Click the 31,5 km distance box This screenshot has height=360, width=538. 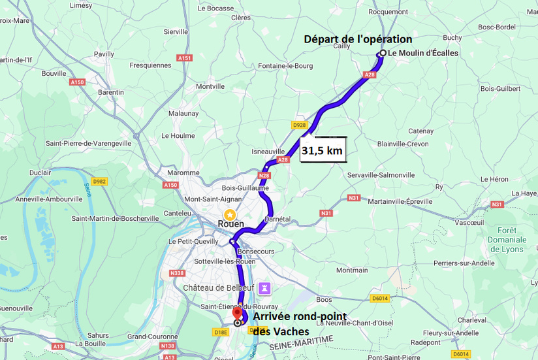coord(322,151)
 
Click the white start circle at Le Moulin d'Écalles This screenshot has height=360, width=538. coord(383,54)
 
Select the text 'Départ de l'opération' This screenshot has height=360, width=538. coord(358,39)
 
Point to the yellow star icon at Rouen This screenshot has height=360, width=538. coord(230,214)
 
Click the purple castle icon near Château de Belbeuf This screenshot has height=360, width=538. coord(265,287)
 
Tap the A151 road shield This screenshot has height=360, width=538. coord(185,58)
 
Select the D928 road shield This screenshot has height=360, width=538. coord(299,125)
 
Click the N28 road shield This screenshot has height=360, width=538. coord(264,175)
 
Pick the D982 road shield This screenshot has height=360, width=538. coord(99,182)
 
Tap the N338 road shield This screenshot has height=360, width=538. coord(177,273)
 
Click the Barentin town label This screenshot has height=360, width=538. coord(111,92)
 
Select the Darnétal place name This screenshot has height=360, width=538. coord(277,219)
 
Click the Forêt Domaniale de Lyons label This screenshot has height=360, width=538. coord(507,239)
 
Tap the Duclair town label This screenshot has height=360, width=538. coord(40,172)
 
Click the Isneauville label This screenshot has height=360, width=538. coord(268,152)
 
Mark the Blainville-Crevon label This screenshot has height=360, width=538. coord(403,144)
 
